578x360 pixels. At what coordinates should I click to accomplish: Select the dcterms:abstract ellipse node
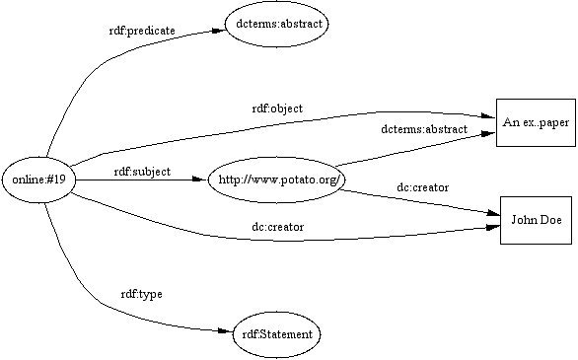(276, 22)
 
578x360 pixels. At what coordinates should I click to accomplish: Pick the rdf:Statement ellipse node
(276, 334)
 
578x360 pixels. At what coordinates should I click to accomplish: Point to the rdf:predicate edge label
(141, 31)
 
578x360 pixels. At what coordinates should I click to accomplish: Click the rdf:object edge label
(276, 108)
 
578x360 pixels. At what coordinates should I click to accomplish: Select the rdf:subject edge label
(142, 172)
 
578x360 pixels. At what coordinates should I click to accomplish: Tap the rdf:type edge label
(141, 294)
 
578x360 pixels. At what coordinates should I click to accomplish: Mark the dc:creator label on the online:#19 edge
(277, 227)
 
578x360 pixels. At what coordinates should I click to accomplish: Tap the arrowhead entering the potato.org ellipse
(200, 179)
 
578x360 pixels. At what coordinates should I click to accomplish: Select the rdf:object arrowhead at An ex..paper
(487, 115)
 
